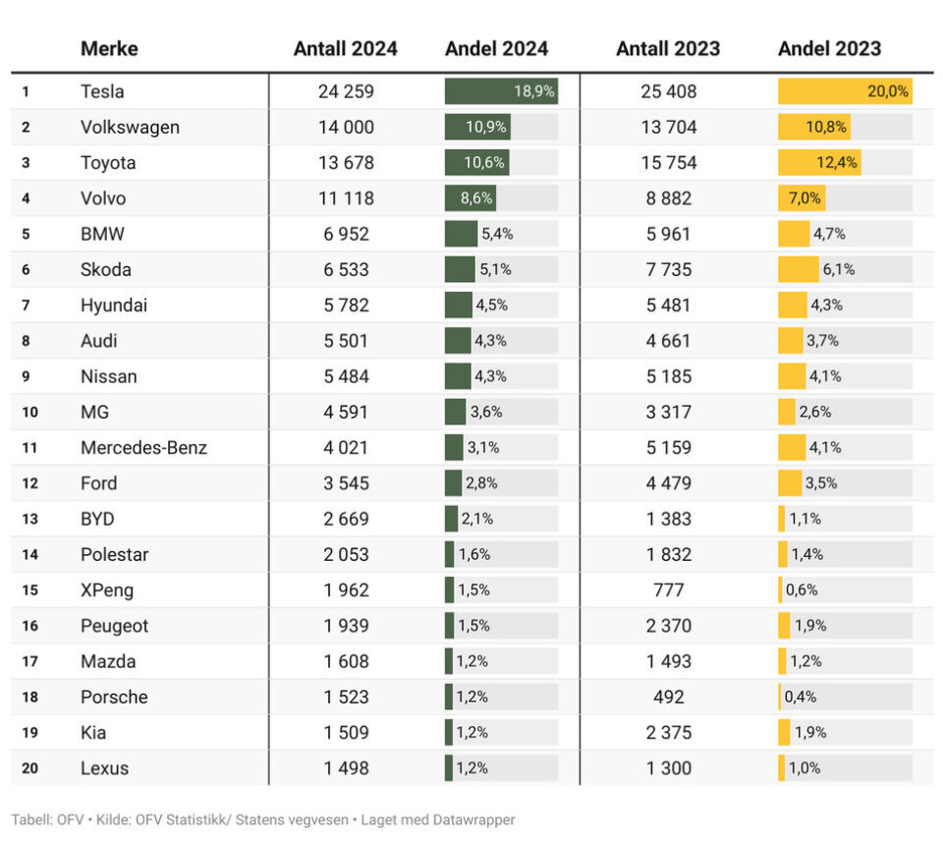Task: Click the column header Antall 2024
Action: [345, 49]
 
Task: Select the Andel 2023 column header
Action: [829, 49]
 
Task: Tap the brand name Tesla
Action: [102, 91]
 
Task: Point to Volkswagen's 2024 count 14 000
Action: [346, 128]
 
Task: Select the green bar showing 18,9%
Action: [501, 91]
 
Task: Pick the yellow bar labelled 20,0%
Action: [845, 91]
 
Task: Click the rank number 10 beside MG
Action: [29, 413]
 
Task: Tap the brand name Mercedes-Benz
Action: [143, 448]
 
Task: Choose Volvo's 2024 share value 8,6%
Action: [476, 198]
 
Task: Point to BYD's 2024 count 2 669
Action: [346, 519]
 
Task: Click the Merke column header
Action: [109, 49]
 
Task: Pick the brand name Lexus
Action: [104, 768]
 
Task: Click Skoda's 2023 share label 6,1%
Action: [839, 270]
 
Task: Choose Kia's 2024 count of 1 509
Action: [346, 733]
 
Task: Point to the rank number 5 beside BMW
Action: [26, 235]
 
